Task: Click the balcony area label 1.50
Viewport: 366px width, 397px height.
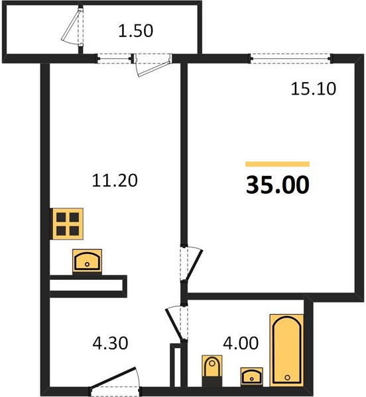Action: coord(136,31)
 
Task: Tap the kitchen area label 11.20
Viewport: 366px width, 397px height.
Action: coord(115,181)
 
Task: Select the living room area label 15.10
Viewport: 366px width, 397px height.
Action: coord(313,89)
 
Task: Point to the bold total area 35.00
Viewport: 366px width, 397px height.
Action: coord(278,185)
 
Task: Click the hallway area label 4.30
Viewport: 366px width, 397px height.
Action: coord(110,343)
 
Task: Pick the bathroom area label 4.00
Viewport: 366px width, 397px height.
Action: coord(241,343)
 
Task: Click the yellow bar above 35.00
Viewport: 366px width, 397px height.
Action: coord(277,164)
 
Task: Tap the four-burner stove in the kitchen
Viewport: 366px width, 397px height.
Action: coord(68,224)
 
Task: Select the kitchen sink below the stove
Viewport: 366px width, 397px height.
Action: coord(88,261)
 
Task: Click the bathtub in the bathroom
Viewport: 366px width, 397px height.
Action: coord(287,350)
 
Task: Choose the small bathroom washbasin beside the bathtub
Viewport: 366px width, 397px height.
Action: coord(251,376)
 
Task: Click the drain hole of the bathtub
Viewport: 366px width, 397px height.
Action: coord(287,378)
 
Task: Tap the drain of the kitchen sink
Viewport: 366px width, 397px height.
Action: coord(88,264)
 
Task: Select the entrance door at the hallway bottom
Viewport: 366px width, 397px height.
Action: coord(115,381)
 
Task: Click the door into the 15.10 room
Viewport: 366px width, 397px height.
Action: coord(192,263)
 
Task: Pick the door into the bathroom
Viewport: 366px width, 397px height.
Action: coord(177,323)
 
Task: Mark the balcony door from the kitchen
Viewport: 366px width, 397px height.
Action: coord(152,64)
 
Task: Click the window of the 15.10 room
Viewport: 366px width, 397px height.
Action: coord(290,59)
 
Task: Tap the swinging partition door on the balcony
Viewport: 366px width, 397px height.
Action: coord(73,26)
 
